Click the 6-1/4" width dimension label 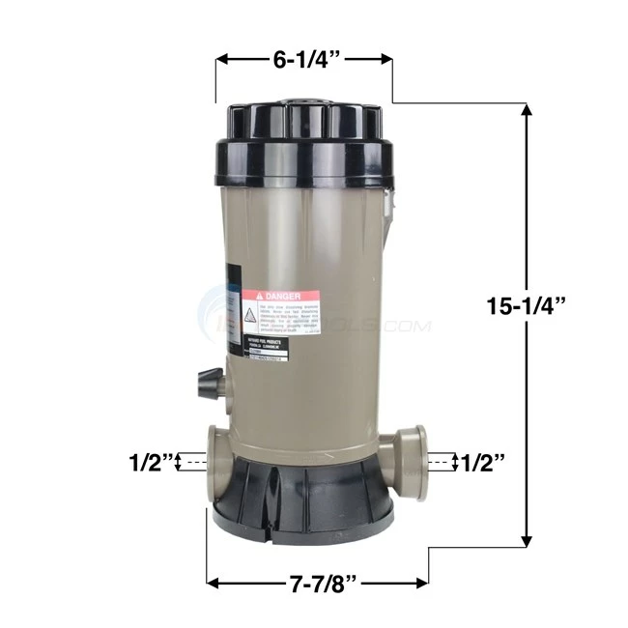click(303, 60)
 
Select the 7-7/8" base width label click(317, 584)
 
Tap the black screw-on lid click(303, 145)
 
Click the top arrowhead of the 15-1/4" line click(527, 110)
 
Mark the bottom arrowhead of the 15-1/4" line click(527, 543)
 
